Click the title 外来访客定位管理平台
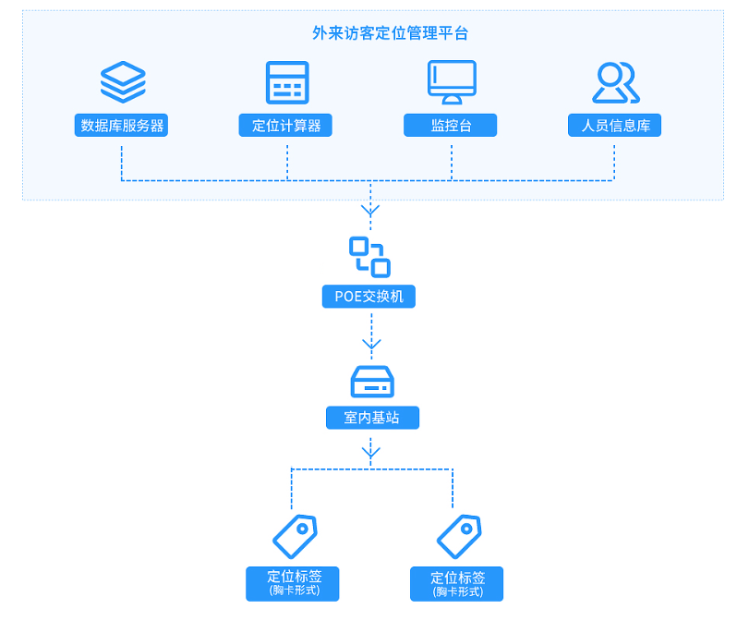[x=391, y=34]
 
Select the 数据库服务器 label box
[x=123, y=126]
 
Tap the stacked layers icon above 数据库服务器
[x=123, y=82]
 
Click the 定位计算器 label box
[x=286, y=126]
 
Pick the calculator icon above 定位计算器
[x=286, y=82]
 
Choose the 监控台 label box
[x=451, y=126]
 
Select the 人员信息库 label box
[x=614, y=126]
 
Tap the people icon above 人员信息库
[x=614, y=82]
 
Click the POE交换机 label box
[x=370, y=297]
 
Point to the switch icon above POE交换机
[x=370, y=257]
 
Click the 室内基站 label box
[x=372, y=418]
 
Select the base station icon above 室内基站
[x=372, y=380]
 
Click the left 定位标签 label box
[x=293, y=583]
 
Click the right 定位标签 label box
[x=456, y=584]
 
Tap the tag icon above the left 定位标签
[x=295, y=537]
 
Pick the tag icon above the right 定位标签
[x=459, y=537]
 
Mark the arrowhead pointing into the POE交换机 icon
[x=371, y=212]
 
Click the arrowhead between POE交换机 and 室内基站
[x=371, y=345]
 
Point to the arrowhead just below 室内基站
[x=371, y=453]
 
